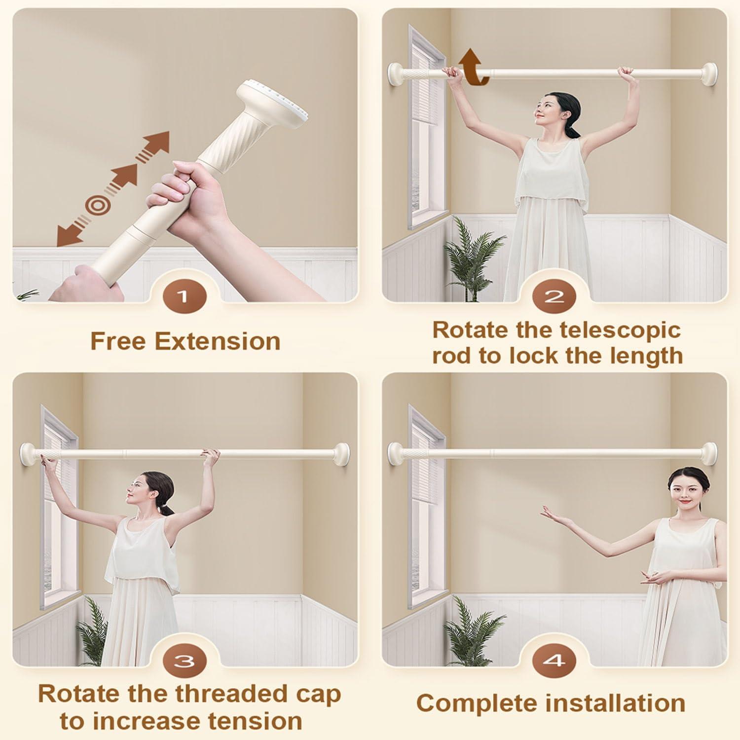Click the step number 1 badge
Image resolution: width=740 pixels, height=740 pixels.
click(184, 297)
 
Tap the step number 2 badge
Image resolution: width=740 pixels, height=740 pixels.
click(554, 297)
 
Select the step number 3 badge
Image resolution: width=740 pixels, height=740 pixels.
click(184, 661)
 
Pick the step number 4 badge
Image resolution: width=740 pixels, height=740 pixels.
click(554, 661)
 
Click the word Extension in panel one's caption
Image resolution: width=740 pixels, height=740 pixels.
click(218, 341)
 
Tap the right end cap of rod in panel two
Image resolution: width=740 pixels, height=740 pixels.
click(709, 72)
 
